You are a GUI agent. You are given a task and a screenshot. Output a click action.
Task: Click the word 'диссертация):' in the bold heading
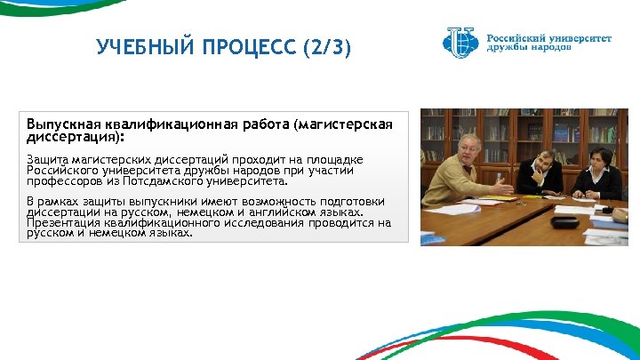click(76, 138)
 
